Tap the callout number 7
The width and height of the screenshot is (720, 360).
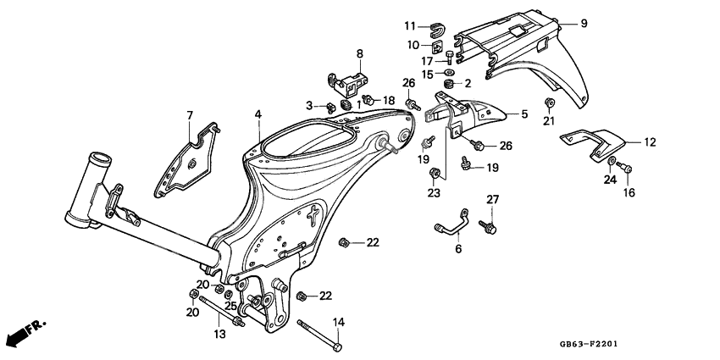pos(190,114)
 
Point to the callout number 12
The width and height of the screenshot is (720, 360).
pos(651,142)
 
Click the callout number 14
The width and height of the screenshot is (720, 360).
pos(338,322)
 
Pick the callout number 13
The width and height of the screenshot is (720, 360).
pos(219,335)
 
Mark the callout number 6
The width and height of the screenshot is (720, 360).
pos(458,250)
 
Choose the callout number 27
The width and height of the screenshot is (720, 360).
pos(491,199)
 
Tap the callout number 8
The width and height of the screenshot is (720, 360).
pos(359,54)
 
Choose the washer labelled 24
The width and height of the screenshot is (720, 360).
pos(611,161)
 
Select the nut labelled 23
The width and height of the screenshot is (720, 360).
pos(435,175)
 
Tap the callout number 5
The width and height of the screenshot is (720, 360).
pos(523,114)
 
